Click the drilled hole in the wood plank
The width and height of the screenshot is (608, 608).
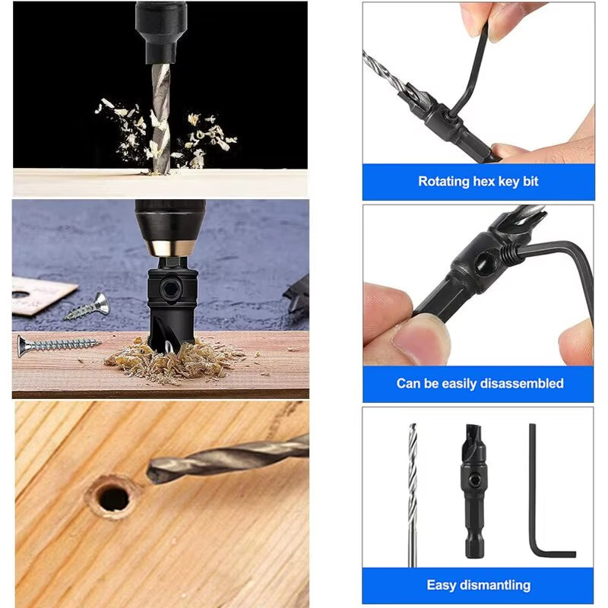click(113, 498)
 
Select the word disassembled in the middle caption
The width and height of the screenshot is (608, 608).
click(523, 384)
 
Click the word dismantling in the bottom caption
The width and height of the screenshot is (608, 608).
click(495, 585)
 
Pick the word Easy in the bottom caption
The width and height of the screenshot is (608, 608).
click(441, 585)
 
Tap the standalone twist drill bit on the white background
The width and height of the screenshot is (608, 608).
click(413, 494)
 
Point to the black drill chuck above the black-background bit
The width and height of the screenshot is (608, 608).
click(160, 29)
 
